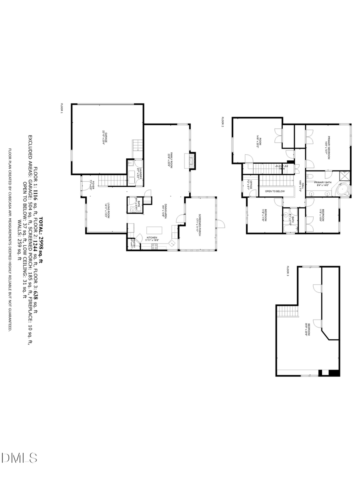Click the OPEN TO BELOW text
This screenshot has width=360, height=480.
pyautogui.click(x=275, y=192)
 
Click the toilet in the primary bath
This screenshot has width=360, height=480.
pyautogui.click(x=310, y=176)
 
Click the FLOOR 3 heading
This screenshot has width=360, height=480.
pyautogui.click(x=287, y=270)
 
